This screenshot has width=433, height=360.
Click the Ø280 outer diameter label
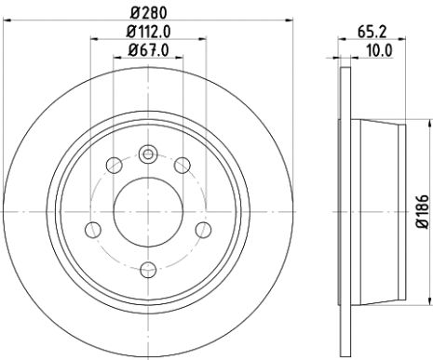point(148,14)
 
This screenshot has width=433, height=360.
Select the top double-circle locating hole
point(147,155)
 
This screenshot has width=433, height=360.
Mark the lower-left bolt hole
point(92,229)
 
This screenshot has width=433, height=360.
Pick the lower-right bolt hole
point(202,229)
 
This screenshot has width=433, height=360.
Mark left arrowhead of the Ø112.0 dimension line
point(94,39)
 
